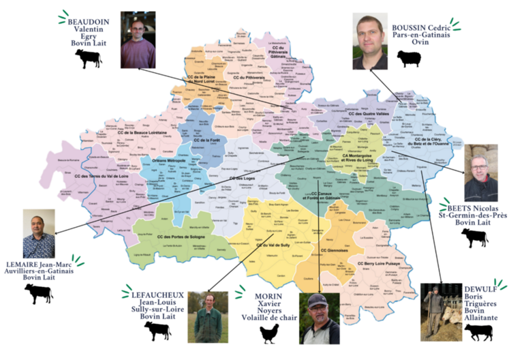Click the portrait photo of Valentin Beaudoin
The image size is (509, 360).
(x=138, y=40)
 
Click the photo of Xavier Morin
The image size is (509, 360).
(x=318, y=318)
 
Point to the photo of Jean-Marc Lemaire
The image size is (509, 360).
(x=39, y=233)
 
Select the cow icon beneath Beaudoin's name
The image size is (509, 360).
(x=88, y=59)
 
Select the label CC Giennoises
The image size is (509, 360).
(x=335, y=250)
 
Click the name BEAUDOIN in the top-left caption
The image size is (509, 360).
(x=87, y=21)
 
